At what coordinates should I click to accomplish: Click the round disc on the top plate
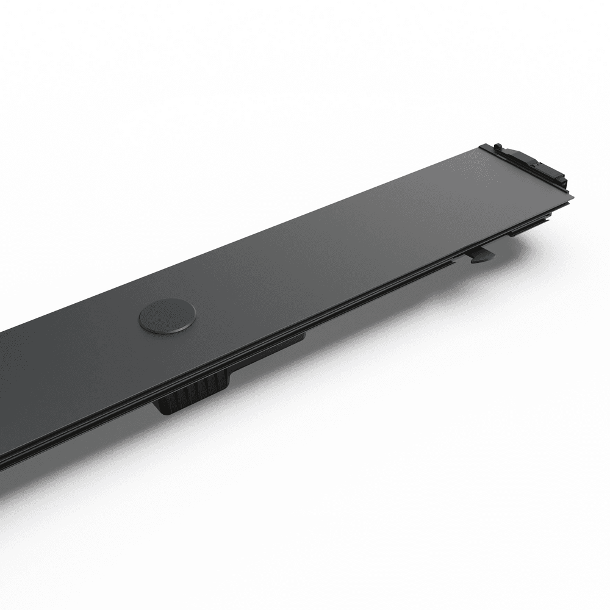(167, 315)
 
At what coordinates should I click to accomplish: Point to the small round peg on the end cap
(498, 146)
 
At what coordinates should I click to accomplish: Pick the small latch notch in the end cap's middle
(536, 165)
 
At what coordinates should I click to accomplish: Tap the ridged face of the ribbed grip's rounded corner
(166, 407)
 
